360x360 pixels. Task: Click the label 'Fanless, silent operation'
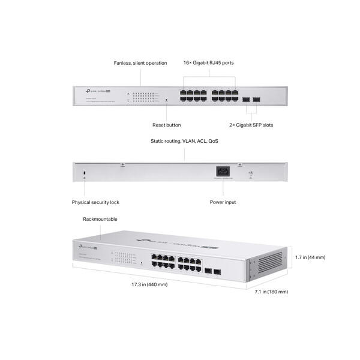(x=140, y=63)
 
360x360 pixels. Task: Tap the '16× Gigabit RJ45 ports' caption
(x=209, y=63)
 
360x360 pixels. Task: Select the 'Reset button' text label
(x=166, y=125)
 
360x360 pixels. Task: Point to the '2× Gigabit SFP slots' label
(x=252, y=125)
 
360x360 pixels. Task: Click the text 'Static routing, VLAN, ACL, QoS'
(x=184, y=141)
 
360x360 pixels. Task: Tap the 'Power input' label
(x=223, y=202)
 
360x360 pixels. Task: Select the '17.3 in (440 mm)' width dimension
(x=149, y=284)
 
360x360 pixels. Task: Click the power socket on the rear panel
(x=223, y=172)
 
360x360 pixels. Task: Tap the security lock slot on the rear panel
(x=85, y=173)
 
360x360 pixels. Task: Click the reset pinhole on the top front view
(x=166, y=100)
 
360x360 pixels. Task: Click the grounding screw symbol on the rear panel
(x=250, y=173)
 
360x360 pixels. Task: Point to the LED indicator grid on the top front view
(x=143, y=97)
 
